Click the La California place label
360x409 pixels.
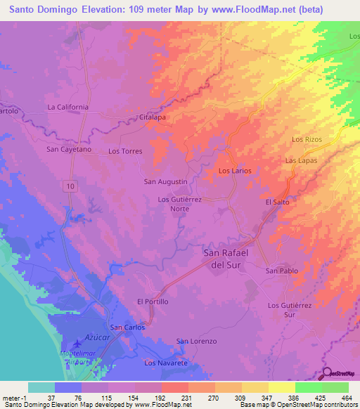[x=67, y=107]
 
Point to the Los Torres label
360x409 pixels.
[x=125, y=151]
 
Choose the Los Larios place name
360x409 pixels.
[x=235, y=171]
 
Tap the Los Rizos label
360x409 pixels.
[x=307, y=140]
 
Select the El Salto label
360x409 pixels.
[x=277, y=202]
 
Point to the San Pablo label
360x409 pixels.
[x=281, y=271]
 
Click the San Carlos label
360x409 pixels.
[x=128, y=327]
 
